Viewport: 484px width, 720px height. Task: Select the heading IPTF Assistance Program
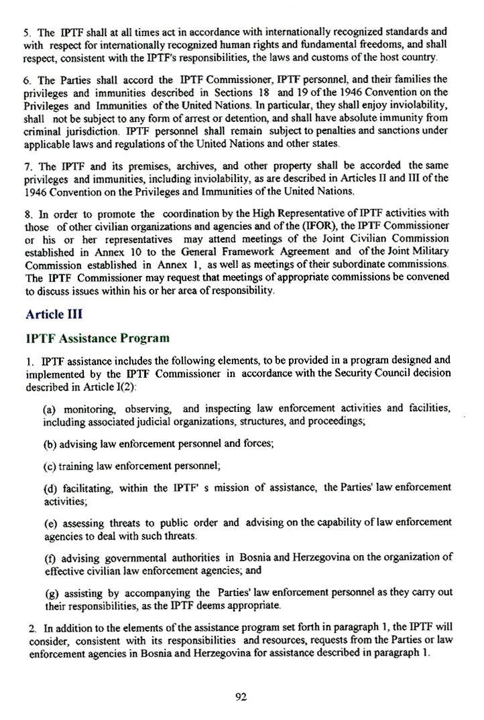click(x=97, y=338)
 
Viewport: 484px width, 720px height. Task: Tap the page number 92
click(x=242, y=697)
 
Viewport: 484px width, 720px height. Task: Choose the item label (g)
click(x=50, y=593)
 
